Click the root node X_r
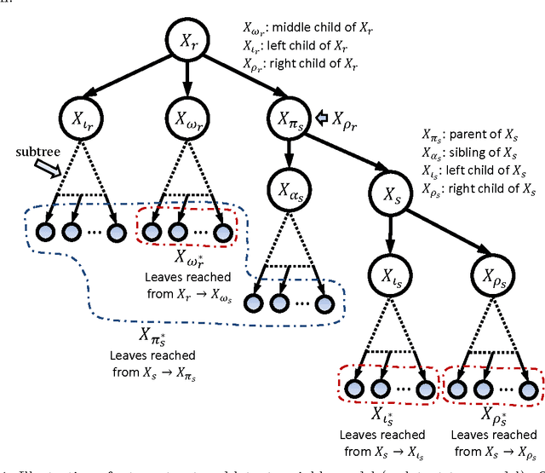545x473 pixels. (186, 39)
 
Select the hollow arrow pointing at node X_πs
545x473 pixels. (326, 118)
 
